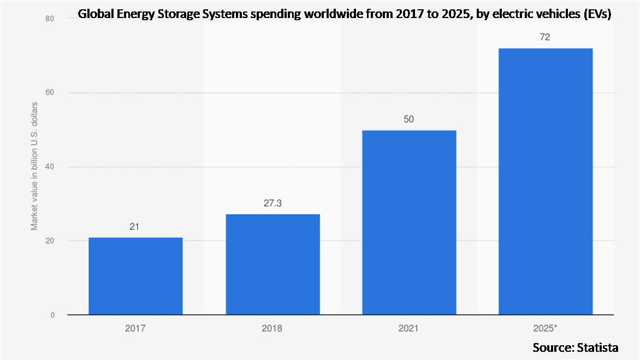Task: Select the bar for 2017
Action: tap(135, 276)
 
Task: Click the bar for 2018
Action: tap(272, 264)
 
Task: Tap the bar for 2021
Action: tap(409, 222)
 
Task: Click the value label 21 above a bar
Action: tap(135, 226)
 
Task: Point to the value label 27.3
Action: tap(272, 203)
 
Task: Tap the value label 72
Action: tap(546, 37)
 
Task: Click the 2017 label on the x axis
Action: tap(135, 329)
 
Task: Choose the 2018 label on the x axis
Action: tap(272, 329)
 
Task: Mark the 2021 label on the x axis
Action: tap(409, 329)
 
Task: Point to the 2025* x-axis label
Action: tap(546, 329)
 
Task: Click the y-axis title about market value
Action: tap(34, 166)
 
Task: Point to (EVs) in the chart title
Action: tap(598, 14)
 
